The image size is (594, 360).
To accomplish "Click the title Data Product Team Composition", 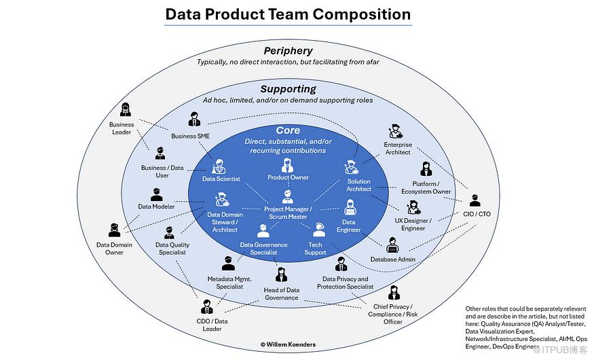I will click(x=288, y=14).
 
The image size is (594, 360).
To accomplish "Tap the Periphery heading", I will click(x=288, y=51).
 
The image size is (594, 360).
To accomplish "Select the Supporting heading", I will click(x=288, y=89).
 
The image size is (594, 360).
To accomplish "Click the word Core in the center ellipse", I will click(x=288, y=130).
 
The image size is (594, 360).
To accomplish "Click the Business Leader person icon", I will click(x=125, y=109).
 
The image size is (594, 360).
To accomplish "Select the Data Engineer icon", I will click(x=348, y=210).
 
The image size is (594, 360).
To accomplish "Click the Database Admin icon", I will click(x=392, y=245).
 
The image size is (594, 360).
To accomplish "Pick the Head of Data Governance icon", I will click(x=281, y=275).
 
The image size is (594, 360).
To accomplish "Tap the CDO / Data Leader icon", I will click(x=207, y=306).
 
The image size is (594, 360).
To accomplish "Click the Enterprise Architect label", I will click(x=398, y=148).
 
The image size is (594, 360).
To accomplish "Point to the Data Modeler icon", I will click(x=156, y=194).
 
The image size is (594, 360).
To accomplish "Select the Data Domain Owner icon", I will click(x=114, y=230).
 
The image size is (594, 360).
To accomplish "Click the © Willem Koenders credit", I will click(x=289, y=344).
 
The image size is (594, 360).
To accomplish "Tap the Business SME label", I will click(x=189, y=136).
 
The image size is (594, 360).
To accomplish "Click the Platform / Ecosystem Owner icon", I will click(x=426, y=169).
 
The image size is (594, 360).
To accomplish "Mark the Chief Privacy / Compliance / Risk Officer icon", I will click(x=394, y=293).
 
